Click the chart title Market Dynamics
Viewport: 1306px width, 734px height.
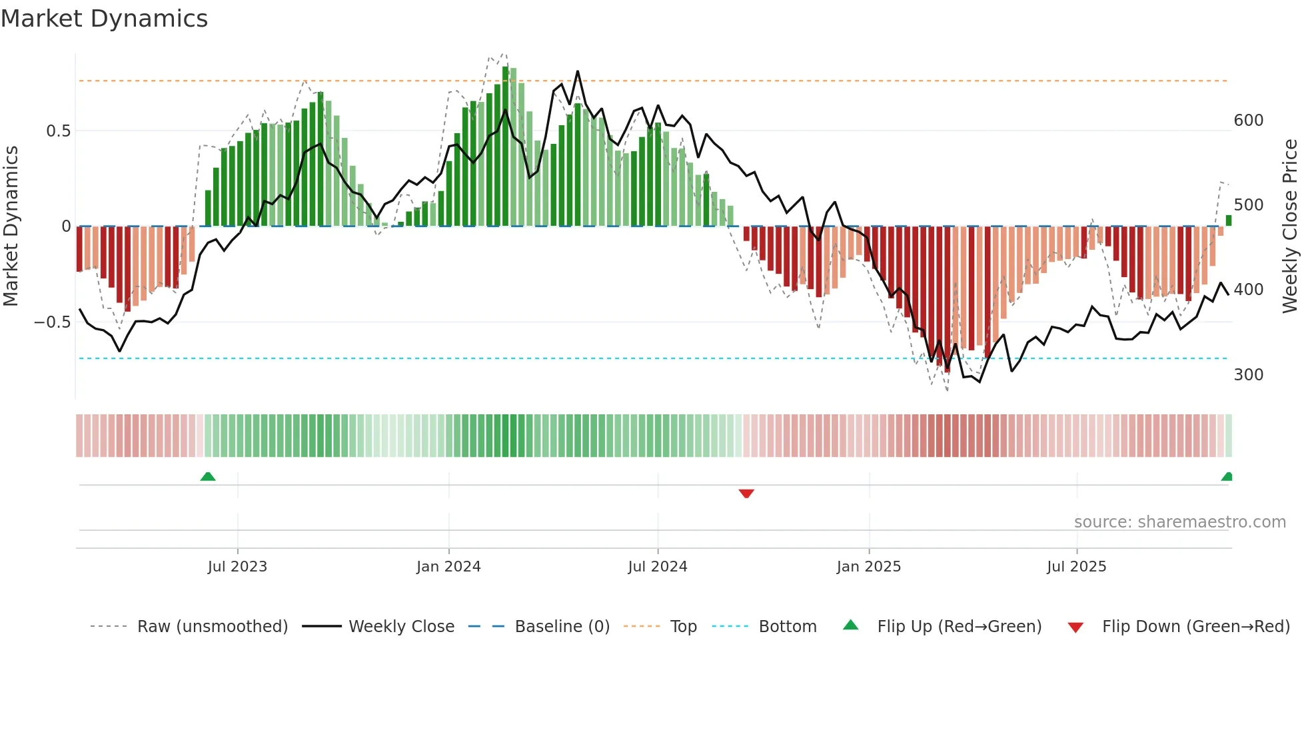(104, 19)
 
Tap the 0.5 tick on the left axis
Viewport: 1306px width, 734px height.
(58, 131)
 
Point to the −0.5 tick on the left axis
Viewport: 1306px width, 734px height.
(53, 322)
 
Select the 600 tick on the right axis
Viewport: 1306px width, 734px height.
(1248, 121)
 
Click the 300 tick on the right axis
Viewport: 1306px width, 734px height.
(1248, 375)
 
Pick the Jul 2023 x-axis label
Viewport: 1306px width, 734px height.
(237, 567)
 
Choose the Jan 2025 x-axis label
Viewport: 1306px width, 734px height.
(868, 567)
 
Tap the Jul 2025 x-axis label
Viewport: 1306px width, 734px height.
(1076, 567)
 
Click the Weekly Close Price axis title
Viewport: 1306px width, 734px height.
(1290, 226)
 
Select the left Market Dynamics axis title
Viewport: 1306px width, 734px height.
(11, 226)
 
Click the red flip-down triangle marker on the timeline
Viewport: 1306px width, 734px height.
(746, 494)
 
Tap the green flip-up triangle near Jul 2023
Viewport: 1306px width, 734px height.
(208, 476)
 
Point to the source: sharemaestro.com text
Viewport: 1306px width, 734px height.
(1179, 522)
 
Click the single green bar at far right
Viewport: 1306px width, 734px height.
(1229, 220)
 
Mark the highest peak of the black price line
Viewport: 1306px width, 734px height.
(577, 71)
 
